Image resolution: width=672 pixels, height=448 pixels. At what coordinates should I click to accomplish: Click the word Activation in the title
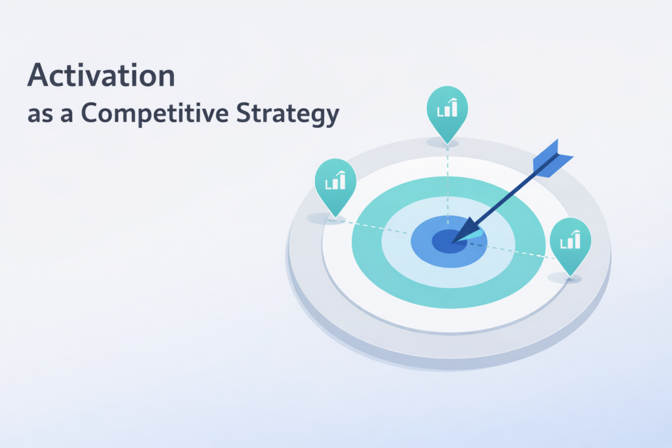click(101, 75)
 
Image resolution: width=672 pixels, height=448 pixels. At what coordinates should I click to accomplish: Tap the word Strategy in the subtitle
click(287, 113)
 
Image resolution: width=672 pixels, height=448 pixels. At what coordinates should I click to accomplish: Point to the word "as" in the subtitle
click(40, 116)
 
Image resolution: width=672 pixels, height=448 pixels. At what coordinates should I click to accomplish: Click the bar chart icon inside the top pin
click(448, 108)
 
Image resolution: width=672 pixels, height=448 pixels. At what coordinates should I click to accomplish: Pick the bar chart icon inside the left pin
click(335, 180)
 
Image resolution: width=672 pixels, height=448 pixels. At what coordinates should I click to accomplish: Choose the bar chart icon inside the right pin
click(570, 239)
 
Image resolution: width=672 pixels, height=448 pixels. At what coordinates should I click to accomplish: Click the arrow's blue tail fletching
click(552, 159)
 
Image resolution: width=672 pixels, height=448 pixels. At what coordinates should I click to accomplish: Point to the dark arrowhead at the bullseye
click(466, 230)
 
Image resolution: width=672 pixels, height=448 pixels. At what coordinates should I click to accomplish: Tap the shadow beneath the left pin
click(326, 219)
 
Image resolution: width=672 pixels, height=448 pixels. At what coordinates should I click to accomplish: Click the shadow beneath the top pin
click(442, 143)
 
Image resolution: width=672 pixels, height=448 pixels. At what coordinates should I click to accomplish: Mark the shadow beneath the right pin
click(565, 278)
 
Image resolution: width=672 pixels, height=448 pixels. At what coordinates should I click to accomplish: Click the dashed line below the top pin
click(448, 185)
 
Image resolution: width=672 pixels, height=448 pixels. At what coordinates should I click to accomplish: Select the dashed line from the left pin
click(376, 228)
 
